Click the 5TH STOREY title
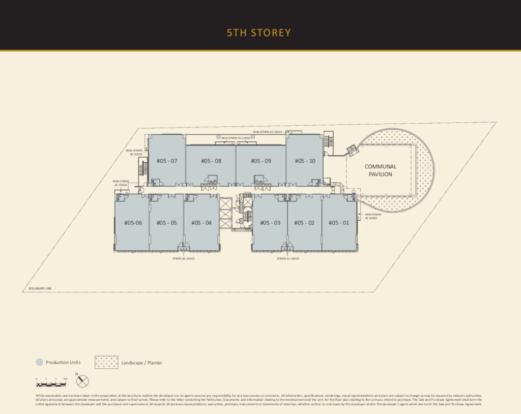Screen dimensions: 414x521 [258, 33]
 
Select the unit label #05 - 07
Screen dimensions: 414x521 [167, 161]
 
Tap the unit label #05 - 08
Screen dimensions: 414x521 [211, 161]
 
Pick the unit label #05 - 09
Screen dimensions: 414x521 [260, 161]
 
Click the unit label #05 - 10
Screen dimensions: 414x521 [305, 161]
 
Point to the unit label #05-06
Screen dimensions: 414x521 [133, 223]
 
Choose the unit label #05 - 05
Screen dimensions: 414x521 [166, 223]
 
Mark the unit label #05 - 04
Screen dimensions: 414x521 [201, 223]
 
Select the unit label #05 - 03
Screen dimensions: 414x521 [270, 223]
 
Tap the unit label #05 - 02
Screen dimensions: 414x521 [304, 223]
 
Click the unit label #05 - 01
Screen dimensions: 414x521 [339, 223]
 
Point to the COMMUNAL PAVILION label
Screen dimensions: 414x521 [380, 170]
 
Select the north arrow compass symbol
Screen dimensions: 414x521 [82, 380]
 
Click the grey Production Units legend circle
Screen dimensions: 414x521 [39, 363]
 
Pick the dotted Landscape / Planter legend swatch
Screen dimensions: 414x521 [106, 362]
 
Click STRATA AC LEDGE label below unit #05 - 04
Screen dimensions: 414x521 [184, 258]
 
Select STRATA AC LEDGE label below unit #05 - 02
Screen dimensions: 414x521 [287, 258]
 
